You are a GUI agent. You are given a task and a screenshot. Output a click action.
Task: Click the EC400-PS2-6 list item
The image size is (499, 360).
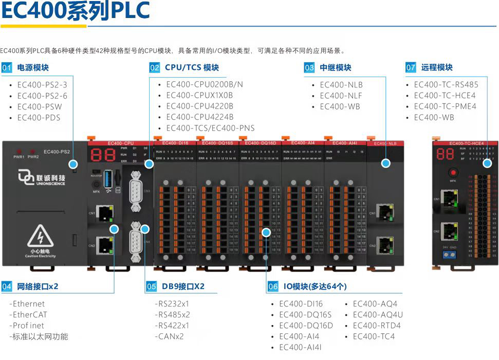point(42,96)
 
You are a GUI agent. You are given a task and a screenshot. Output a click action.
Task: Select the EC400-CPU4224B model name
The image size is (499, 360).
point(199,117)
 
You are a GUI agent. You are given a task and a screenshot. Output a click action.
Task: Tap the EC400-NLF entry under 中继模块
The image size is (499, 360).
point(341,96)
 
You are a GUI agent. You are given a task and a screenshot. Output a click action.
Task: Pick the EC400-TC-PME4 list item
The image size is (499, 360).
point(445,106)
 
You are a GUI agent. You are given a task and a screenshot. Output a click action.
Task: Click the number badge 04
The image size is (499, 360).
point(7,286)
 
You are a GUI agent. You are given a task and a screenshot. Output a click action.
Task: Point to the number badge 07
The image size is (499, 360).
point(411,67)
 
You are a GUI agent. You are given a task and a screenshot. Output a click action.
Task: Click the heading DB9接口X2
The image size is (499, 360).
point(183,286)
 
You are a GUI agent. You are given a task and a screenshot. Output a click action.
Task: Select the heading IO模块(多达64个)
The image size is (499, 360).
point(315,286)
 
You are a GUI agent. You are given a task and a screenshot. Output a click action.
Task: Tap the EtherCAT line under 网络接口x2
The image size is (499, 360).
point(30,315)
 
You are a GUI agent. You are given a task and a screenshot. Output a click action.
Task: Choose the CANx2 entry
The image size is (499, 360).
point(171,336)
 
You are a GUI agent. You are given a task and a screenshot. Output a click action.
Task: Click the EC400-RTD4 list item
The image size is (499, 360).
point(376,326)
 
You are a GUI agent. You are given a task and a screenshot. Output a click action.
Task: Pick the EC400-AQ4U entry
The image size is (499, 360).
point(378,315)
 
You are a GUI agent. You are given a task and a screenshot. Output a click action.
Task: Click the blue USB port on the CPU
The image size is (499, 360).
point(108,178)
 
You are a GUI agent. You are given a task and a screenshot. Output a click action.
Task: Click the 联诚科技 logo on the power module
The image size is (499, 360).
point(42,178)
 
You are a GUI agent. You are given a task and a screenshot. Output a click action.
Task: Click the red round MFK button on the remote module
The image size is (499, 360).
point(453,173)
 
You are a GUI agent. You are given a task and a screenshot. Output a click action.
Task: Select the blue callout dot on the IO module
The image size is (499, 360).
point(266,232)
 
